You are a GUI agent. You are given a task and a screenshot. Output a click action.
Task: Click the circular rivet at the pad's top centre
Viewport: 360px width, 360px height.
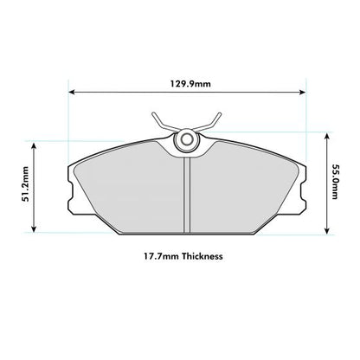(185, 140)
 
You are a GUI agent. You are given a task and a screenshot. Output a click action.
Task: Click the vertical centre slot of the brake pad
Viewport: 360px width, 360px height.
(186, 195)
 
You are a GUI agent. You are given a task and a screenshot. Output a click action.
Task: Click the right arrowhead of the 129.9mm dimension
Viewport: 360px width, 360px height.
(302, 92)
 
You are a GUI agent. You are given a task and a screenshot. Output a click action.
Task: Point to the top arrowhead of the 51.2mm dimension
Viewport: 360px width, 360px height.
(35, 144)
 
